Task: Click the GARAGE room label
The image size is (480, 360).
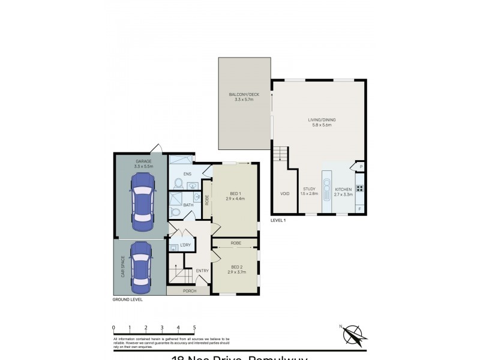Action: click(x=143, y=161)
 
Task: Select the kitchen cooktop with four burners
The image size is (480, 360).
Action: click(x=360, y=188)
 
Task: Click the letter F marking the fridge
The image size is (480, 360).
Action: click(x=360, y=208)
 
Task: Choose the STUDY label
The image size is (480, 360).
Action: click(x=309, y=189)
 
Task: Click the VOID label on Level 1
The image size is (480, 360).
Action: click(x=284, y=193)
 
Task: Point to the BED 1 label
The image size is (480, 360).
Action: click(x=235, y=193)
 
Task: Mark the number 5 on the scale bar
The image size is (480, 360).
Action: click(x=194, y=328)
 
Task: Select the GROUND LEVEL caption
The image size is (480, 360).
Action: click(x=128, y=299)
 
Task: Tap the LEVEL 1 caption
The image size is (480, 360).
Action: click(x=278, y=220)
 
